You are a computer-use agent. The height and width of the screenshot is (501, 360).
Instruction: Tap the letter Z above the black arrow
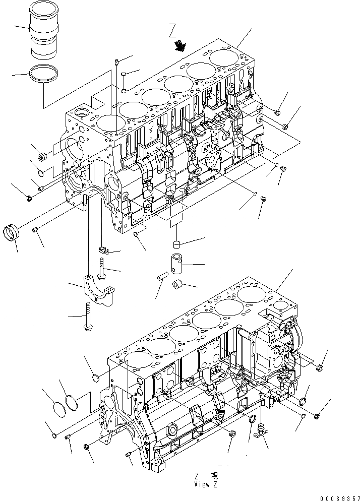(172, 34)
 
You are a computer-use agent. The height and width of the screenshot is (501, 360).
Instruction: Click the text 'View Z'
(205, 484)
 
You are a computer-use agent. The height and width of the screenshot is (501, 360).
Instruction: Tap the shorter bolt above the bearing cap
(102, 267)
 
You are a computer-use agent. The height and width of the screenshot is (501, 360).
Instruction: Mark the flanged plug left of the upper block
(43, 156)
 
